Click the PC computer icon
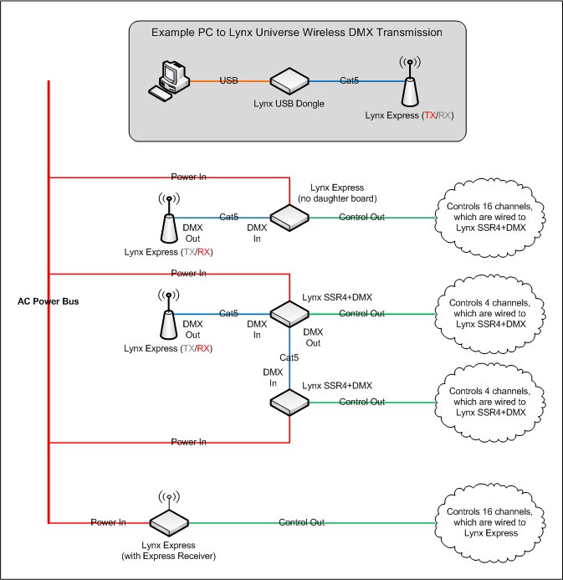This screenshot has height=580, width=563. point(169,81)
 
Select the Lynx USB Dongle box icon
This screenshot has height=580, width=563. point(289,81)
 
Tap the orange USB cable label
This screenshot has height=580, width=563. point(229,80)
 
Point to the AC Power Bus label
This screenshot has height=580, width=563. point(48,301)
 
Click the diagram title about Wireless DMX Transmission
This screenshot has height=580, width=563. point(297,33)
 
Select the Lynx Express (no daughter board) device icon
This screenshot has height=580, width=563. point(289,218)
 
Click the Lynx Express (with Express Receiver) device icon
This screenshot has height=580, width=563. point(169,523)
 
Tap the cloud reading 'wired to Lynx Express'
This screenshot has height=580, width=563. point(490,521)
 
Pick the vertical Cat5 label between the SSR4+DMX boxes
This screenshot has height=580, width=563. point(289,357)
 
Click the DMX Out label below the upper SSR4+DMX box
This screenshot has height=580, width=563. point(313,337)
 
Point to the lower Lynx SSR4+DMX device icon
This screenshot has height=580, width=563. point(289,402)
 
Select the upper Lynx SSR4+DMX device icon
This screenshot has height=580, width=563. point(289,314)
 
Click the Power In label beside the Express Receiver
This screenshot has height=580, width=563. point(108,522)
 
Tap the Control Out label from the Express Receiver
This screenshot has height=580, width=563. point(302,522)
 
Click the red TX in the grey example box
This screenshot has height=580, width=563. point(430,115)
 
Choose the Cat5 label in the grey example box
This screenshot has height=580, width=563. point(350,80)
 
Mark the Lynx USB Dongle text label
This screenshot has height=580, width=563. point(289,104)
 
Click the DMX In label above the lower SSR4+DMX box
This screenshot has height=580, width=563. point(273,377)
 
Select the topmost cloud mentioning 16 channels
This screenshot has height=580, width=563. point(490,217)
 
